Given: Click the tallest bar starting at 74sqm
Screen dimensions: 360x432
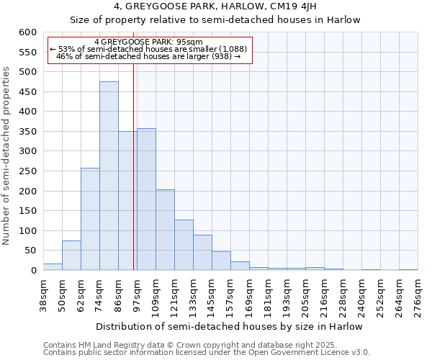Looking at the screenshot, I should (109, 176).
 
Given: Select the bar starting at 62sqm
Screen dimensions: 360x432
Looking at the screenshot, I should (90, 219).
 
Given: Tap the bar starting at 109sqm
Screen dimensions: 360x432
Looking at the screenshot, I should (165, 230).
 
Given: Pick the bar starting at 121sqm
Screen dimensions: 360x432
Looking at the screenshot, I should (184, 245).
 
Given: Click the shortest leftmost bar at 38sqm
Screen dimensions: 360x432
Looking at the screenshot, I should (53, 267).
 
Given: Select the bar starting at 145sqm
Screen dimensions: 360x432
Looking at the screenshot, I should (221, 261).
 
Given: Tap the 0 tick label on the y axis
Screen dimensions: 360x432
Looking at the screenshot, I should (33, 271).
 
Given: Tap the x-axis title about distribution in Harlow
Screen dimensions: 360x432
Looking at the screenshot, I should (229, 327).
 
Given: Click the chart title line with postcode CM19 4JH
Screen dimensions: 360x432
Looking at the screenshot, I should (215, 6).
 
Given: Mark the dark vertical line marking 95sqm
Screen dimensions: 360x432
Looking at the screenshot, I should (134, 166).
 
